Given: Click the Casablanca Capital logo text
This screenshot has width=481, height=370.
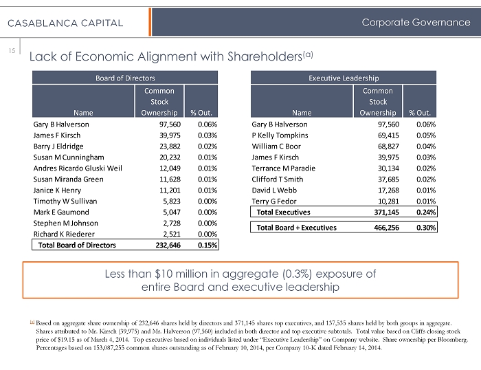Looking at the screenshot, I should coord(66,23).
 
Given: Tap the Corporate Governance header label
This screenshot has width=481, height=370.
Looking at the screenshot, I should coord(416,22).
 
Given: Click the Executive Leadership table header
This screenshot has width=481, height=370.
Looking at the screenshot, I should coord(345,78).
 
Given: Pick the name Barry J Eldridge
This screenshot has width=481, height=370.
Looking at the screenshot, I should coord(58,146).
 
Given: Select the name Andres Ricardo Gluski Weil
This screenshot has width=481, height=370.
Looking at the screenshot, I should coord(78,168).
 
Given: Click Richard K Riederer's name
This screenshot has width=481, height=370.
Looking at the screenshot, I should coord(65,234).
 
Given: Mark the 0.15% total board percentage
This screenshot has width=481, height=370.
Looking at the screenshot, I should coord(207,245).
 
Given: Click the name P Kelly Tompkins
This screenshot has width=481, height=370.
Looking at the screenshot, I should coord(279,135).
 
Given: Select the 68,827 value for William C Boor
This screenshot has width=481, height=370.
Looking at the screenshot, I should coord(381,146).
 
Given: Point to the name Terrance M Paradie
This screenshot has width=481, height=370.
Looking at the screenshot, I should coord(282,168).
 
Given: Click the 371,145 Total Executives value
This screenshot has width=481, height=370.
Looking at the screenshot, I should coord(379,213).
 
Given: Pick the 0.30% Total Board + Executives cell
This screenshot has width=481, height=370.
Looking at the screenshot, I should coord(423,226).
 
